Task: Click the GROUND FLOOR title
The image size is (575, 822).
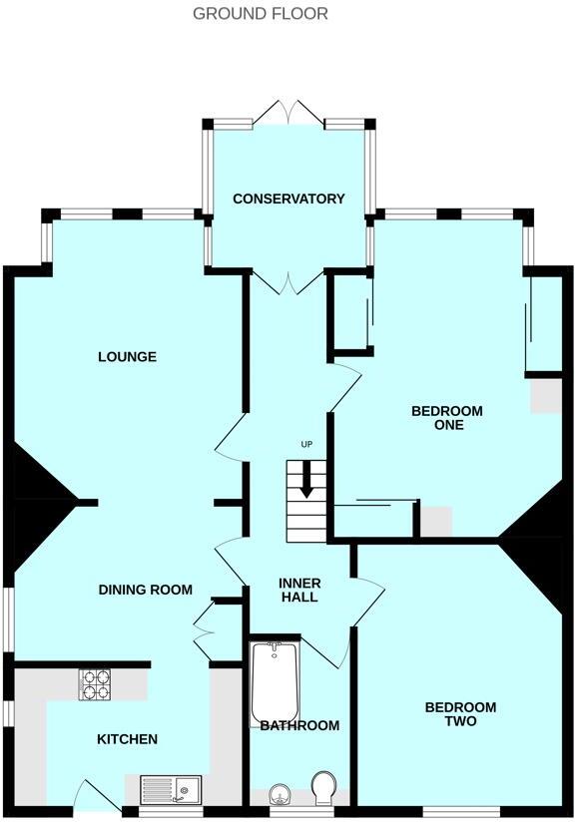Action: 260,14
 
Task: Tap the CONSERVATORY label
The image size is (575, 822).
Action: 288,199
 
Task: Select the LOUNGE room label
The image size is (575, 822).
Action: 127,357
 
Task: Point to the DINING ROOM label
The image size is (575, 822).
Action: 145,590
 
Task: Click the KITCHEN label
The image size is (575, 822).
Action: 127,739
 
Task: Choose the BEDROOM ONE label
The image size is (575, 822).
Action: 446,418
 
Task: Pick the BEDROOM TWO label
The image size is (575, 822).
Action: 460,714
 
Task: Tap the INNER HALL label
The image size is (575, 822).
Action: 298,590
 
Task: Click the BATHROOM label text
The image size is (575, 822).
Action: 299,725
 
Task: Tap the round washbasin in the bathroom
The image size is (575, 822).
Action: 280,795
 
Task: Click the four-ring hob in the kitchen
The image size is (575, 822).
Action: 96,684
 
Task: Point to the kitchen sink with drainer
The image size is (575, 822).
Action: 171,789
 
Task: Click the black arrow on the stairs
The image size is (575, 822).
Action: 306,482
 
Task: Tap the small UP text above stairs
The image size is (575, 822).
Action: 306,444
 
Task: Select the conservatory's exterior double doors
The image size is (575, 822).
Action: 288,113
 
